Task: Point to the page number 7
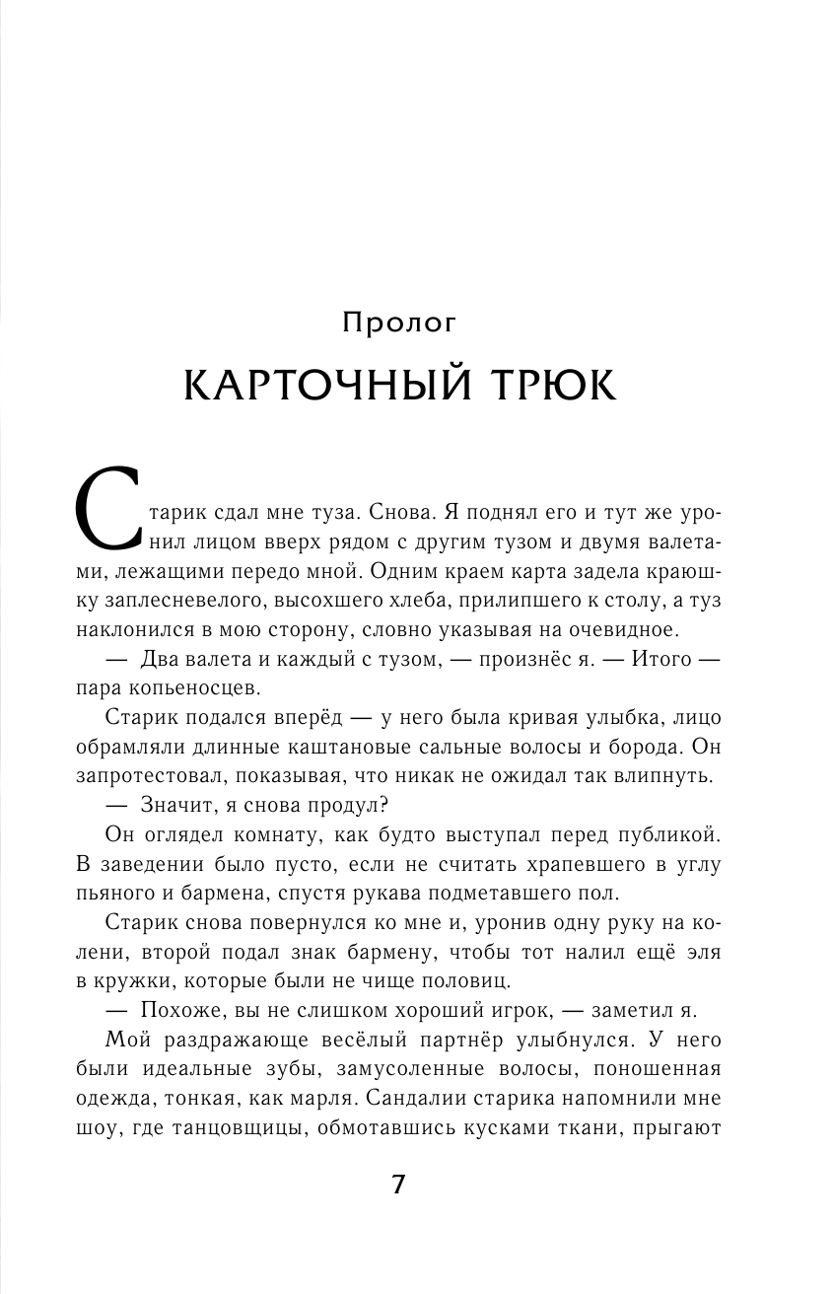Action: pos(398,1186)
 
